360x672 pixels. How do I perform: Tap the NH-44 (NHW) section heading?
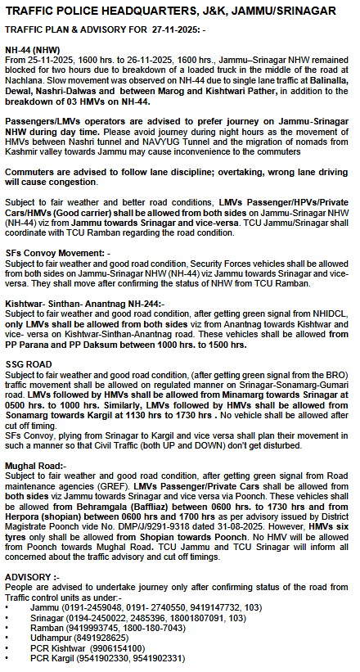coord(30,50)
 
